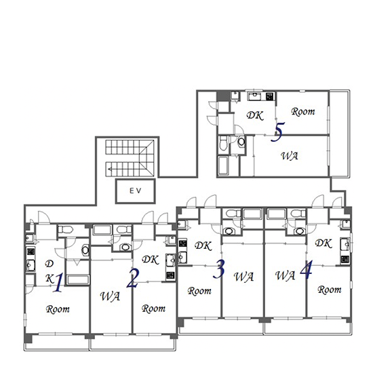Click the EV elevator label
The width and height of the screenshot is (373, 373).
point(136,191)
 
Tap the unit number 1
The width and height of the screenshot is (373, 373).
point(58,283)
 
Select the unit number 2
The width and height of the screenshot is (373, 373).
point(132,278)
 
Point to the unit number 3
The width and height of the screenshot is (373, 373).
point(219,269)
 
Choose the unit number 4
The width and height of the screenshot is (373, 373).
point(306,270)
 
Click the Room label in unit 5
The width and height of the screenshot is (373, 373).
point(303,112)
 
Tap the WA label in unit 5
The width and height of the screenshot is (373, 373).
point(290,156)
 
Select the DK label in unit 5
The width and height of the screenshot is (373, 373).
point(255,115)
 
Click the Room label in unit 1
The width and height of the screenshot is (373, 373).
point(58,309)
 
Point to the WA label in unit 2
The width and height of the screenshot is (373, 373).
point(110,296)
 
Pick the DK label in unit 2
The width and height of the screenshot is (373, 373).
point(151,260)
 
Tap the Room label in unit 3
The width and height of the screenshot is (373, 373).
point(199,291)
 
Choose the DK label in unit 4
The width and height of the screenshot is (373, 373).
point(323,243)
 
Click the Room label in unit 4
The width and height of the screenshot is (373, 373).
point(330,290)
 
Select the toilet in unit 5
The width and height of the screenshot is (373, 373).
point(223,143)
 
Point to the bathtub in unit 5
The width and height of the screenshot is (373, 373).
point(223,165)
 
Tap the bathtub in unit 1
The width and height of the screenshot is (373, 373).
point(78,279)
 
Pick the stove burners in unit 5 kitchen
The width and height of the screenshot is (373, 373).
point(269,96)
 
